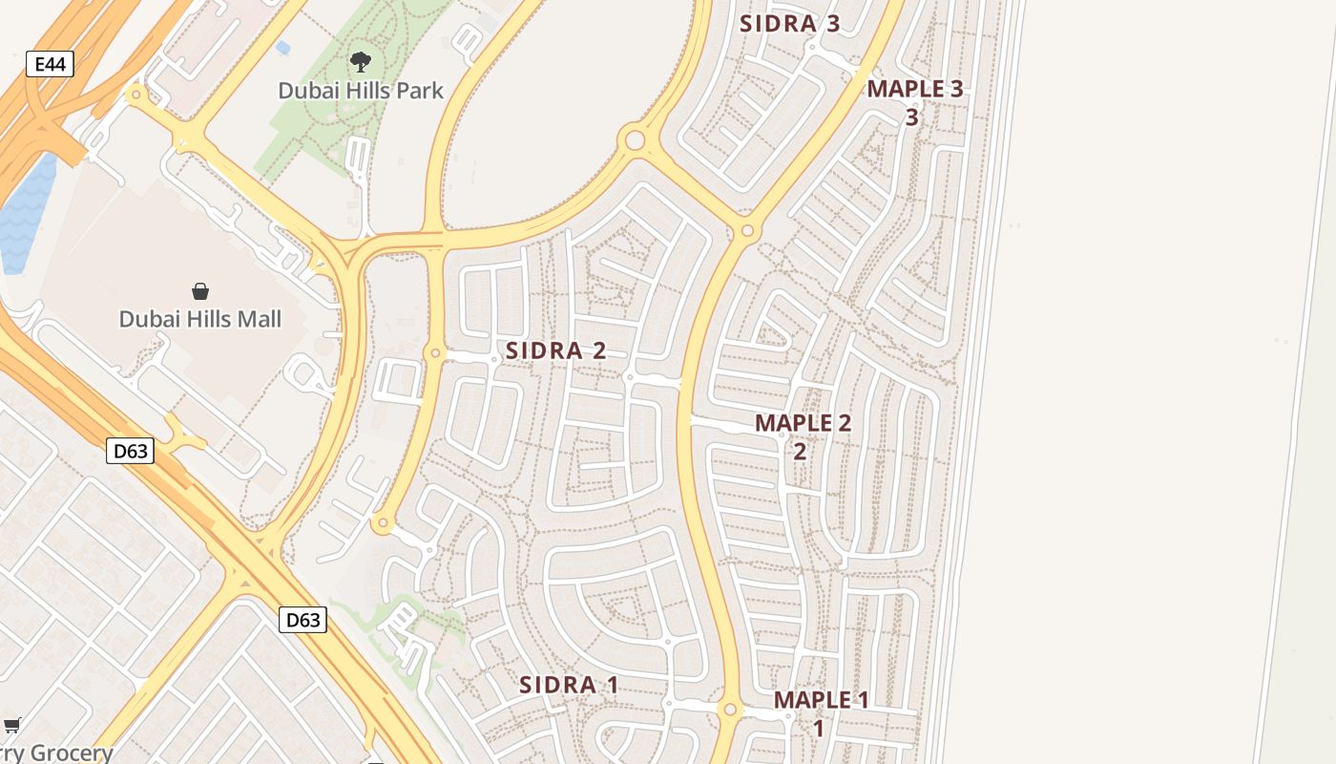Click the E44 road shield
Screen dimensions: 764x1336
[x=50, y=65]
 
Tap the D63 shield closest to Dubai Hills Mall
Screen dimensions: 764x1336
[x=130, y=450]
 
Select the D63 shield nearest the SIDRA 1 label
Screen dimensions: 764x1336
[x=303, y=620]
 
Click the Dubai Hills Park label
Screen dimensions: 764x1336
[x=361, y=91]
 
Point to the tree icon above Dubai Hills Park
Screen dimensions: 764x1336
[x=360, y=63]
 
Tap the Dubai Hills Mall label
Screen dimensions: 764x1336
[x=199, y=319]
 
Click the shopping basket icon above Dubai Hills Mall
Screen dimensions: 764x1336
[x=200, y=291]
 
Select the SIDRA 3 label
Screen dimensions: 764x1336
[x=790, y=25]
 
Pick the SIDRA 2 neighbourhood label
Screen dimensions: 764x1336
[x=555, y=350]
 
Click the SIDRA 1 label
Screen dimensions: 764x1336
[x=569, y=685]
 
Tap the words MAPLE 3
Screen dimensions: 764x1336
[x=914, y=89]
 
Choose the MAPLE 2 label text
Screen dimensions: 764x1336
[x=803, y=422]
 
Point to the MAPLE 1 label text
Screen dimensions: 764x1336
[x=821, y=700]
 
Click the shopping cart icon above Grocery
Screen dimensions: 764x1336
[x=11, y=726]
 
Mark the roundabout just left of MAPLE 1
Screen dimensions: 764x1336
[x=730, y=711]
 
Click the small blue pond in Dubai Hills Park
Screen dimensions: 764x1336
[x=282, y=47]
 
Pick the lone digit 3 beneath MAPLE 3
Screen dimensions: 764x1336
[x=911, y=117]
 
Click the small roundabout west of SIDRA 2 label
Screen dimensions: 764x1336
[x=435, y=353]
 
